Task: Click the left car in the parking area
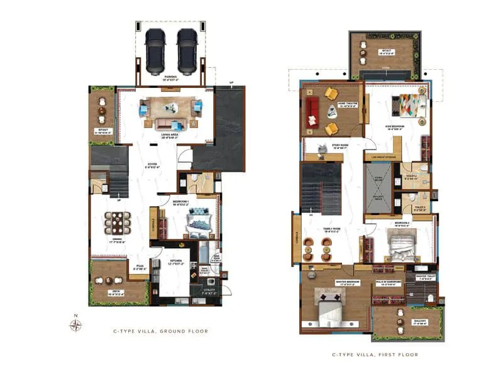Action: click(x=155, y=51)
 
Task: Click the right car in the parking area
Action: click(x=187, y=51)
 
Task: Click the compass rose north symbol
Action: click(x=75, y=325)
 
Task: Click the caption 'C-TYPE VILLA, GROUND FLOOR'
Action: click(x=160, y=331)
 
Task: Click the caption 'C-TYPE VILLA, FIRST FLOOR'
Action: click(x=375, y=355)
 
